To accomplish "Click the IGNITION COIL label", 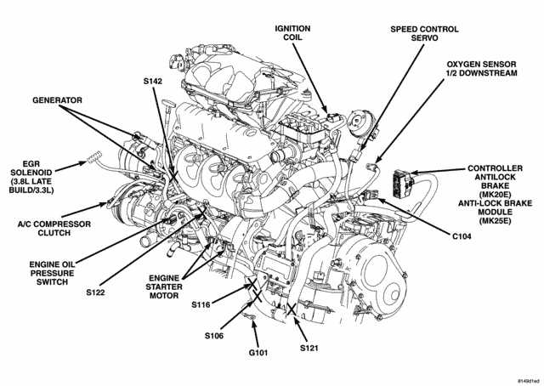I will click(292, 34).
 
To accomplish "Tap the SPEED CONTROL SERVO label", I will click(424, 34).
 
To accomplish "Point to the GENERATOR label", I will click(57, 99).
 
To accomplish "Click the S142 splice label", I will click(152, 82).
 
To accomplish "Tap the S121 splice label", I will click(311, 348).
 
